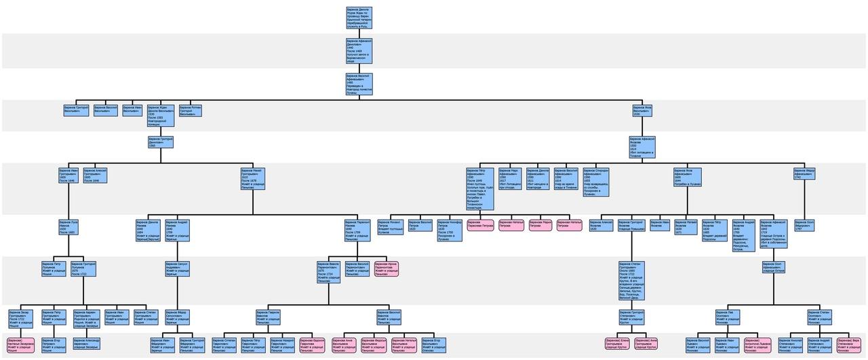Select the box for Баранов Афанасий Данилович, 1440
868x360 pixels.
(359, 51)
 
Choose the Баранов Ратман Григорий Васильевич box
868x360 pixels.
(191, 111)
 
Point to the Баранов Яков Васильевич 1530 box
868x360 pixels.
(643, 111)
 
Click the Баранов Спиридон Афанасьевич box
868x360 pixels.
(596, 182)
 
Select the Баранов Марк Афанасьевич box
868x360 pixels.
(511, 179)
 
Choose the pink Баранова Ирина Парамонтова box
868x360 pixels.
(386, 268)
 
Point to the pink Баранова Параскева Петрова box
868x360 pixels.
(480, 224)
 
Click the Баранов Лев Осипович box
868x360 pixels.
(728, 317)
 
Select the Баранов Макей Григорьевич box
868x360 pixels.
(253, 178)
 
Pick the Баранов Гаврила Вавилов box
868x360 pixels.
(269, 317)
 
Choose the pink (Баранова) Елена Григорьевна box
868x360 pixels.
(618, 344)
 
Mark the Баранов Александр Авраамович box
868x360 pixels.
(86, 344)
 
